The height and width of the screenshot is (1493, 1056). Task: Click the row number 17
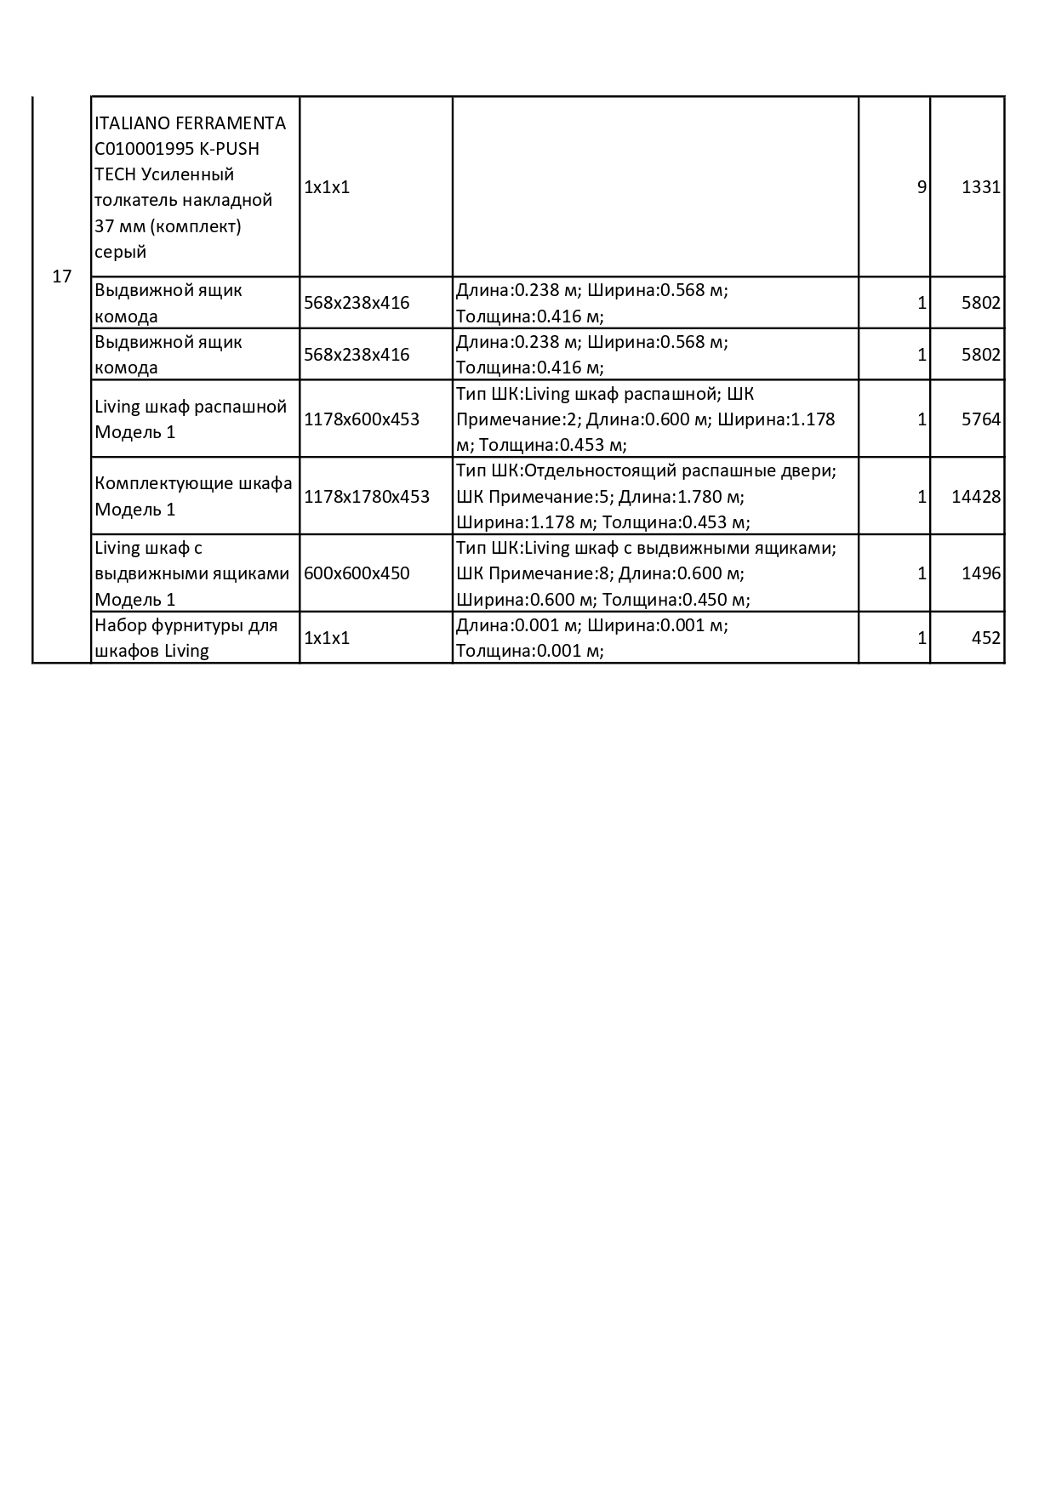coord(62,276)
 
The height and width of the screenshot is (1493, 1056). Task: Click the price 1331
coord(980,187)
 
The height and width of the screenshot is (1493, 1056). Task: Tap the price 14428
coord(975,497)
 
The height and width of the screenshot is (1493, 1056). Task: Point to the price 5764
coord(980,419)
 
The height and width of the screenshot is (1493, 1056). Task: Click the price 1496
coord(980,573)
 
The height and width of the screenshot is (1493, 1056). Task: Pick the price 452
coord(985,638)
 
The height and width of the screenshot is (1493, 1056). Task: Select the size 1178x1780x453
coord(367,497)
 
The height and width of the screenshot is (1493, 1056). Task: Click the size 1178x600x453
coord(362,419)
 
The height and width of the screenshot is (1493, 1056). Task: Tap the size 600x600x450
coord(357,573)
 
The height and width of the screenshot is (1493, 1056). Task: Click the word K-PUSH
coord(230,149)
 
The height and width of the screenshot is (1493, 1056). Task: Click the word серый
coord(120,252)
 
